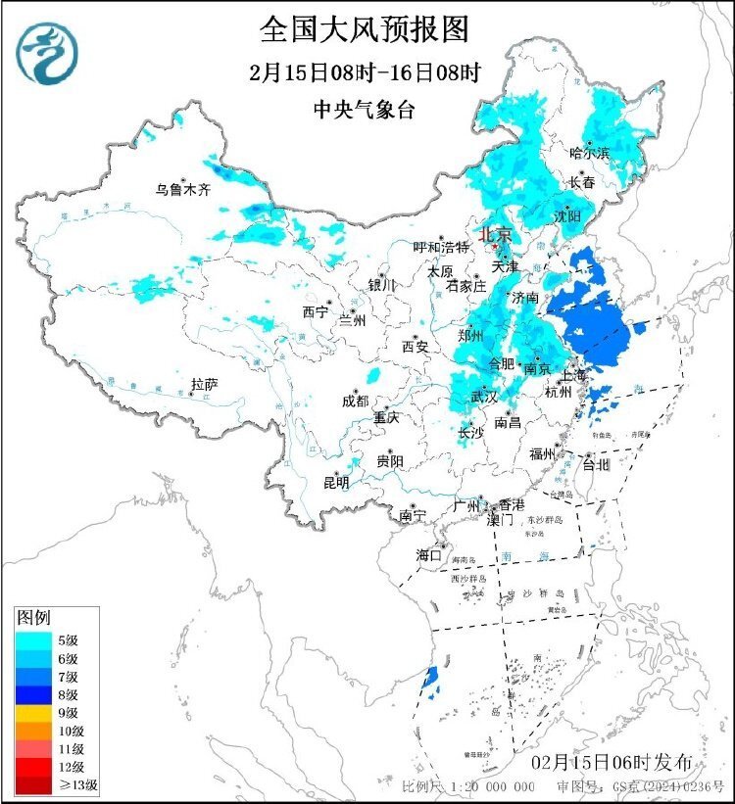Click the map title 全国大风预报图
pyautogui.click(x=364, y=29)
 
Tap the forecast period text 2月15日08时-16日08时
pyautogui.click(x=364, y=72)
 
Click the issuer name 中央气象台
pyautogui.click(x=364, y=110)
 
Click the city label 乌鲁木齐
pyautogui.click(x=183, y=189)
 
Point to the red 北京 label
pyautogui.click(x=495, y=234)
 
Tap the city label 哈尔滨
pyautogui.click(x=590, y=153)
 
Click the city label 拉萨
pyautogui.click(x=205, y=385)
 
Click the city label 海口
pyautogui.click(x=428, y=554)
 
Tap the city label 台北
pyautogui.click(x=596, y=464)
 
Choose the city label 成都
pyautogui.click(x=356, y=401)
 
